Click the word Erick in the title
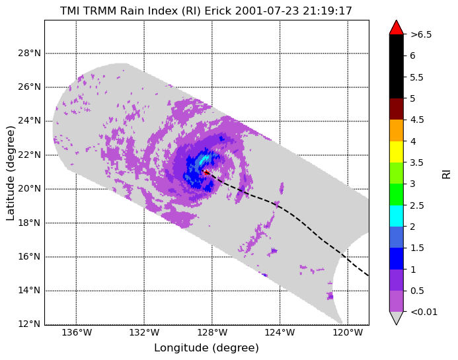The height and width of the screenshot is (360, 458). [x=218, y=11]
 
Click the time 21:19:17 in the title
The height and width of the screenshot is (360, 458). [x=327, y=11]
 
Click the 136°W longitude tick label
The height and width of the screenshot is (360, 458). [x=77, y=332]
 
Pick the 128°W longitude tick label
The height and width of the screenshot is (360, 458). [x=212, y=332]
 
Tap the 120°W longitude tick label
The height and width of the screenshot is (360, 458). [x=348, y=332]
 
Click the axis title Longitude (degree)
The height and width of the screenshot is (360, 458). [x=206, y=347]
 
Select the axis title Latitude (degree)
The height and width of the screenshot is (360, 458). [x=10, y=173]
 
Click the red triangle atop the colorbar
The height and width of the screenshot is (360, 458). [x=397, y=28]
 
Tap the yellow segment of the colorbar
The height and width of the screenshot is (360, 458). [x=397, y=152]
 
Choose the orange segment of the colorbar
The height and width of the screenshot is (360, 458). [x=397, y=131]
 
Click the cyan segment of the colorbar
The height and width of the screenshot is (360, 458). [x=397, y=216]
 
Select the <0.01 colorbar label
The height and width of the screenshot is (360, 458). [x=424, y=312]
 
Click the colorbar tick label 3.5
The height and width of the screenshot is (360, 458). [x=417, y=162]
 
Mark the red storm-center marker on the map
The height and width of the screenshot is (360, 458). [x=206, y=172]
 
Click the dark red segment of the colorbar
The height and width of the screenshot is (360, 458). [x=397, y=109]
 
